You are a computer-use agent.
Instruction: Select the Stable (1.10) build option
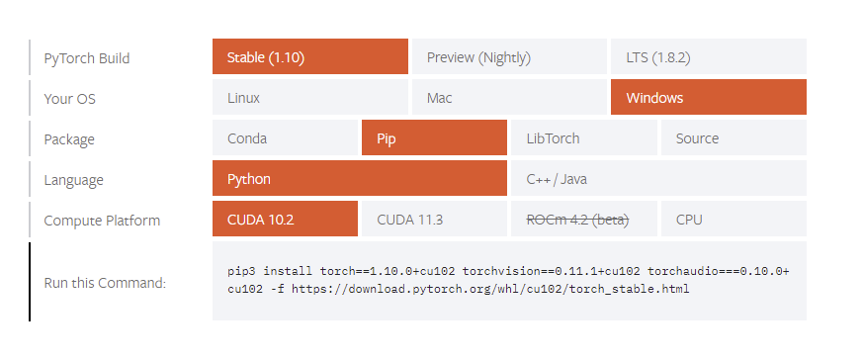[309, 57]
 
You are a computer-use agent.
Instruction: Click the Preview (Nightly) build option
[508, 57]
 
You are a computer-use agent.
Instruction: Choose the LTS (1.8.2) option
[708, 57]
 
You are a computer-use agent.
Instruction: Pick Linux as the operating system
[309, 98]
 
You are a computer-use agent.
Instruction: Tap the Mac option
[508, 98]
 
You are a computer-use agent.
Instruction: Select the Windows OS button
[708, 98]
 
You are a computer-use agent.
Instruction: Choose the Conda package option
[285, 138]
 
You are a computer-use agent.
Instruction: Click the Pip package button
[434, 138]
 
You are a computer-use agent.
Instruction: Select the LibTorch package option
[583, 138]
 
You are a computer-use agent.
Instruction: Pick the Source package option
[733, 138]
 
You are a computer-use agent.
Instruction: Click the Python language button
[359, 179]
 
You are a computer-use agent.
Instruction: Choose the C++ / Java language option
[657, 179]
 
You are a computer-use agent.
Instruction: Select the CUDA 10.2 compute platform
[285, 220]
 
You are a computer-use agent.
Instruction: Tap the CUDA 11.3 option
[434, 220]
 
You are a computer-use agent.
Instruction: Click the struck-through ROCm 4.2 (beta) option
[583, 220]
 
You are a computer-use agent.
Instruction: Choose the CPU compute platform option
[733, 220]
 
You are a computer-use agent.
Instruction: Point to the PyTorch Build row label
[87, 58]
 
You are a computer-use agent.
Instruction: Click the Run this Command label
[105, 283]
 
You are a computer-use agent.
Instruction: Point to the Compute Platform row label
[102, 221]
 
